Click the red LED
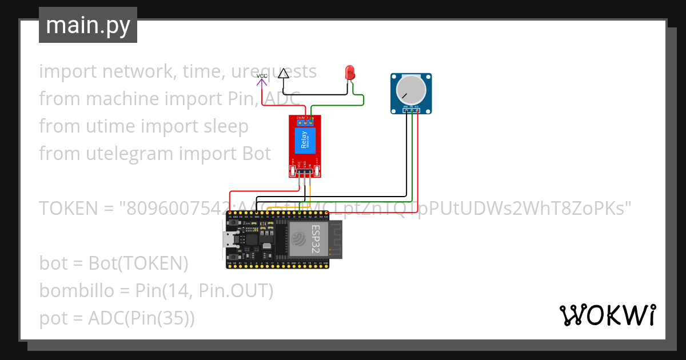(x=350, y=73)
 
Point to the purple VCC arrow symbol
(x=261, y=82)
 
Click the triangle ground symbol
(x=283, y=73)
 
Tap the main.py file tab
(x=88, y=25)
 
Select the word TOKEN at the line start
(x=68, y=208)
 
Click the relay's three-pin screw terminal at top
(x=305, y=121)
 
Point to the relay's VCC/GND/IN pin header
(x=304, y=170)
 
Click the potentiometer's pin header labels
(x=410, y=107)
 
